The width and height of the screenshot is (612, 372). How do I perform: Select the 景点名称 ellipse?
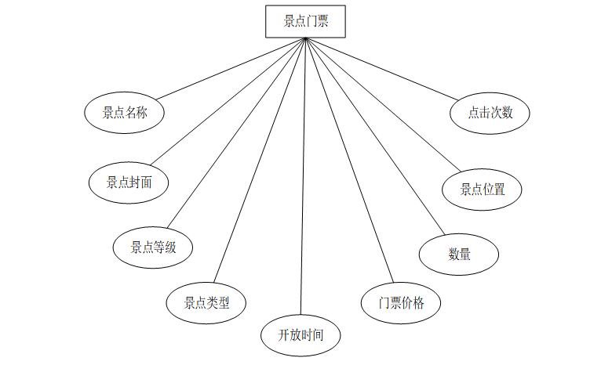click(x=126, y=113)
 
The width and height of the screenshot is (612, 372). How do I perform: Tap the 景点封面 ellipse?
click(x=129, y=182)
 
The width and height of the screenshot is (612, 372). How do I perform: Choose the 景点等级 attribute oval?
click(x=153, y=247)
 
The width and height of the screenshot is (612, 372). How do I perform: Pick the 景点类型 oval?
click(x=207, y=302)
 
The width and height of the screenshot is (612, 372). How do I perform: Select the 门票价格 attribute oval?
click(x=401, y=302)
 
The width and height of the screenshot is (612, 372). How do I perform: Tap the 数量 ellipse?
click(x=459, y=254)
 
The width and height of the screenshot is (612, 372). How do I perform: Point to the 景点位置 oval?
click(x=481, y=189)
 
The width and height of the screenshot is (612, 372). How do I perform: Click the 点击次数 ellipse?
click(x=490, y=113)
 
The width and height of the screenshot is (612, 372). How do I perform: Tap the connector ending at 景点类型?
click(x=260, y=161)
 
